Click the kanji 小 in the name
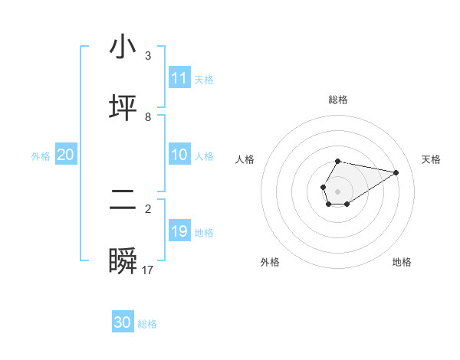click(x=123, y=47)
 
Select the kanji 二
click(x=123, y=201)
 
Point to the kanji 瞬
click(x=123, y=263)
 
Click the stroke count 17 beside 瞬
click(x=148, y=270)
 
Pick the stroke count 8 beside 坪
click(x=148, y=116)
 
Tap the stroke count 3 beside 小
click(x=148, y=56)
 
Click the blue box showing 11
click(x=179, y=78)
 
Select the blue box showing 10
click(x=179, y=155)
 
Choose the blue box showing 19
click(x=179, y=231)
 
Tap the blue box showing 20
click(x=66, y=155)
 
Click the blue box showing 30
click(x=123, y=322)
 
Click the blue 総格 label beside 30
click(x=147, y=324)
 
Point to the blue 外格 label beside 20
click(x=41, y=156)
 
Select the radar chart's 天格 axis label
click(x=431, y=159)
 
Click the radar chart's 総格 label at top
click(x=338, y=100)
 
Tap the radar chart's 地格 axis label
click(x=402, y=262)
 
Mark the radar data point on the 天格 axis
click(x=396, y=172)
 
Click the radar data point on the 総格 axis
click(x=338, y=162)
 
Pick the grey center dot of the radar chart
click(x=337, y=190)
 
